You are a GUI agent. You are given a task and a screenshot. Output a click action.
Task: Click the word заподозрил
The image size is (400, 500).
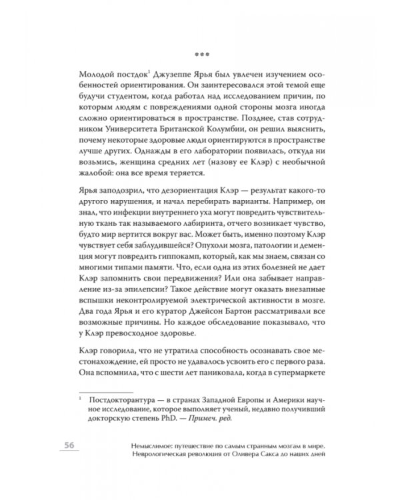point(122,211)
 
